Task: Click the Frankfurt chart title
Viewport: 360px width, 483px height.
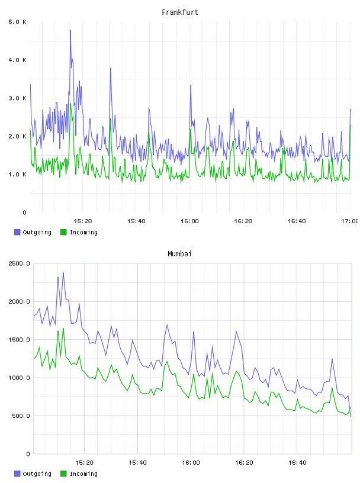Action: pyautogui.click(x=180, y=12)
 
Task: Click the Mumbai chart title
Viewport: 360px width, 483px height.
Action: pyautogui.click(x=179, y=254)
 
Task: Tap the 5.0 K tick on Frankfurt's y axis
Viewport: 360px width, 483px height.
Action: pyautogui.click(x=17, y=22)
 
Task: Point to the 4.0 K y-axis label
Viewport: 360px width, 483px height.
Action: pyautogui.click(x=17, y=60)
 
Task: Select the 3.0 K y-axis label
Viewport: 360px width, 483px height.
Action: pyautogui.click(x=17, y=98)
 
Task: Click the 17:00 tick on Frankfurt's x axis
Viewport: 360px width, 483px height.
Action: pyautogui.click(x=350, y=221)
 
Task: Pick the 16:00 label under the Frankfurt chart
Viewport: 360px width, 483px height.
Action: pyautogui.click(x=189, y=221)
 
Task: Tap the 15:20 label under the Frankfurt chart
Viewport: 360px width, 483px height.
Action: pyautogui.click(x=83, y=221)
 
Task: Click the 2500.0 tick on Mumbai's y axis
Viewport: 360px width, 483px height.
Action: pyautogui.click(x=19, y=263)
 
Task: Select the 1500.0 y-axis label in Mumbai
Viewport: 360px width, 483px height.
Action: pyautogui.click(x=19, y=340)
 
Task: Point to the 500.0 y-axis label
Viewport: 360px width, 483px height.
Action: pyautogui.click(x=21, y=416)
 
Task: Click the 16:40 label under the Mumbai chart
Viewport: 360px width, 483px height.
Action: pyautogui.click(x=297, y=462)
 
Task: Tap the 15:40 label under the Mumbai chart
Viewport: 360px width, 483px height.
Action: pyautogui.click(x=137, y=462)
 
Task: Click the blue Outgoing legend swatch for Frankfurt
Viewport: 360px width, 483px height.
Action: pyautogui.click(x=17, y=232)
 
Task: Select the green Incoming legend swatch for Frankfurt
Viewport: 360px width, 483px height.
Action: pyautogui.click(x=63, y=232)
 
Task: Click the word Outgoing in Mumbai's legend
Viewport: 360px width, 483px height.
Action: pyautogui.click(x=37, y=474)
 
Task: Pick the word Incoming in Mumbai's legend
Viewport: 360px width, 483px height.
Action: pyautogui.click(x=83, y=474)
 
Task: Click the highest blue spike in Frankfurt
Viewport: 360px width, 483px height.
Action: pyautogui.click(x=70, y=31)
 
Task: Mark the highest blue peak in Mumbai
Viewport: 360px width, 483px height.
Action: pyautogui.click(x=63, y=273)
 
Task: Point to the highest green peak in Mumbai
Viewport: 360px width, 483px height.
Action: pyautogui.click(x=63, y=329)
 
